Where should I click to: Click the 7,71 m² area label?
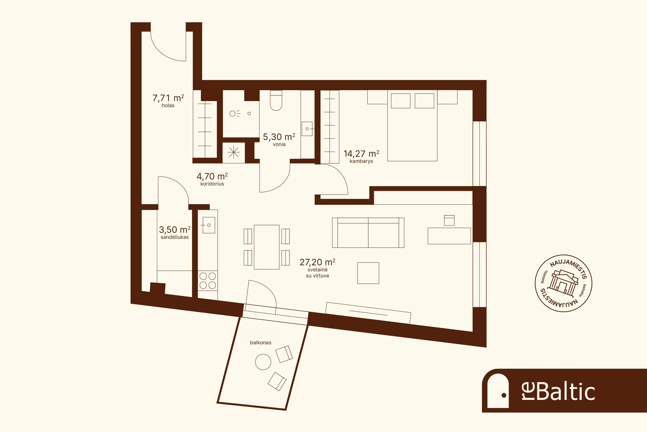click(x=168, y=98)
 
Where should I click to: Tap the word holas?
click(x=168, y=106)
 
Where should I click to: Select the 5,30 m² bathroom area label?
click(x=279, y=137)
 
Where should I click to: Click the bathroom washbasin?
click(x=307, y=129)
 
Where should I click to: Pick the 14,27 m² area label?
click(x=361, y=153)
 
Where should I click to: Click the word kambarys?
click(x=361, y=161)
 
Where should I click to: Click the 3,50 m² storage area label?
click(x=175, y=230)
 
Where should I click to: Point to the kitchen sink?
click(x=209, y=225)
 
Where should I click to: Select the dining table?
click(x=267, y=247)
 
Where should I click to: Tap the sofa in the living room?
click(x=368, y=232)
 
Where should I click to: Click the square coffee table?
click(x=368, y=273)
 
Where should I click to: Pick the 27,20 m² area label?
click(x=318, y=262)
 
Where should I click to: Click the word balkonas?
click(x=261, y=342)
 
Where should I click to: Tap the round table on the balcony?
click(x=263, y=362)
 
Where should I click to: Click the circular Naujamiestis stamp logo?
click(x=563, y=283)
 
